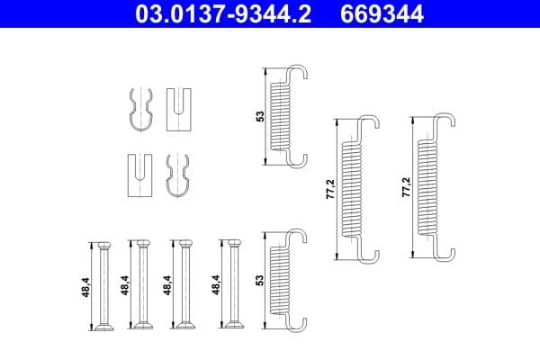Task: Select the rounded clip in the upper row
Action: click(140, 110)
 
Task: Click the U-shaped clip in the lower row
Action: click(140, 175)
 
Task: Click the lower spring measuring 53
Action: click(285, 277)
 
